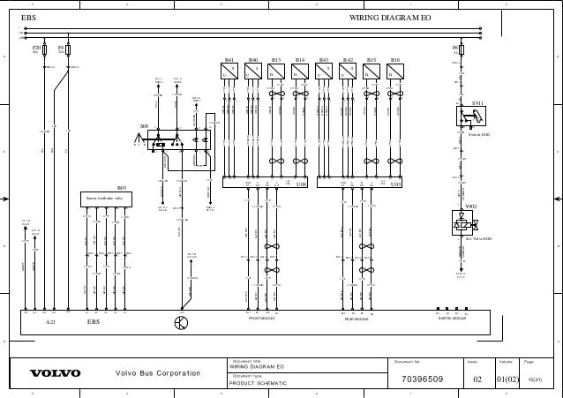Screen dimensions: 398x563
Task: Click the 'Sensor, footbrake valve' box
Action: (105, 199)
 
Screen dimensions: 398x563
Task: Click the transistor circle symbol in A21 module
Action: (181, 323)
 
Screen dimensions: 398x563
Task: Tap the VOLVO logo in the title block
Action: (56, 373)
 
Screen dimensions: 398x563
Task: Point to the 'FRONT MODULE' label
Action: (262, 319)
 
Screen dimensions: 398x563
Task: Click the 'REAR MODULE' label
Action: (357, 319)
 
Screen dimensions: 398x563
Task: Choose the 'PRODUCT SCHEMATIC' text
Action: (253, 383)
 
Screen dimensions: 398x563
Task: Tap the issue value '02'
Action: (477, 379)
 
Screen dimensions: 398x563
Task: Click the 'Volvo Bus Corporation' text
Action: (159, 373)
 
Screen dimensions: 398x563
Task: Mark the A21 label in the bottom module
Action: (50, 323)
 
